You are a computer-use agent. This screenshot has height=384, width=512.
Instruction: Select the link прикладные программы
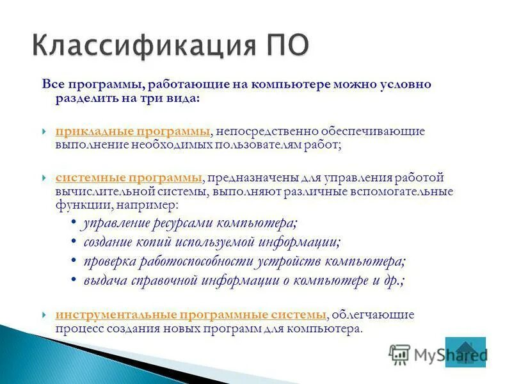(x=132, y=131)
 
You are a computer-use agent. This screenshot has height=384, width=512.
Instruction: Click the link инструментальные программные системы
(x=191, y=315)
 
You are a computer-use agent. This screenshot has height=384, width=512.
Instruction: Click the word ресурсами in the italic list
(x=182, y=223)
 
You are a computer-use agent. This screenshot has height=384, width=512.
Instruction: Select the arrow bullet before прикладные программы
(x=44, y=132)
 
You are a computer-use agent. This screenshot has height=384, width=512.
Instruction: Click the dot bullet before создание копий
(x=75, y=243)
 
